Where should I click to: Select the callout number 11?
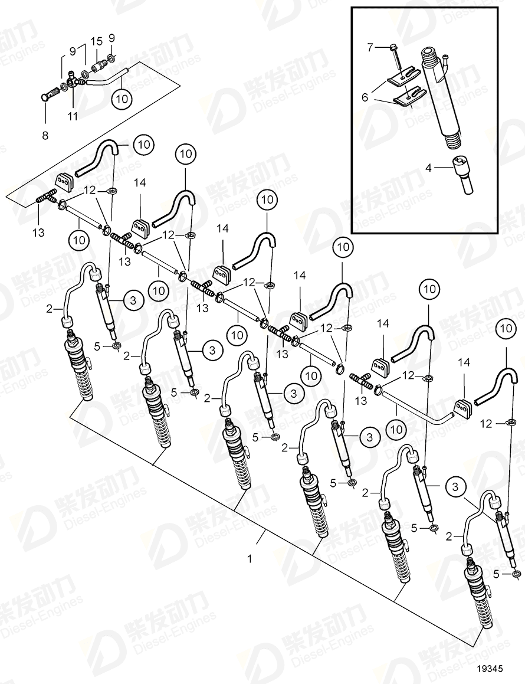point(73,117)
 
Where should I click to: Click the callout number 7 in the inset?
point(370,47)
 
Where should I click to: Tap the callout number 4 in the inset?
point(429,168)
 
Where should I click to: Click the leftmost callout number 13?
point(38,233)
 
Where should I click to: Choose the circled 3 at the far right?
point(455,487)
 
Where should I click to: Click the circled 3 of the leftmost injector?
point(133,300)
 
